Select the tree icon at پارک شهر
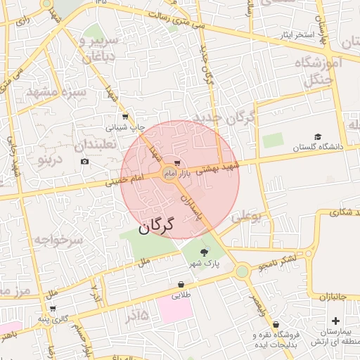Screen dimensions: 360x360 coord(204,252)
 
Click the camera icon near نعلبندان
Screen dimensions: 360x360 coord(85,162)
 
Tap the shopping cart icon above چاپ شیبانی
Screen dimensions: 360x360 coord(125,117)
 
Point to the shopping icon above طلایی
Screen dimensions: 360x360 coord(181,285)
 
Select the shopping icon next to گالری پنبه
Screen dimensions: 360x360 coord(53,308)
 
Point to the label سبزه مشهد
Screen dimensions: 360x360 coord(56,92)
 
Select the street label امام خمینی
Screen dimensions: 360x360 coord(124,180)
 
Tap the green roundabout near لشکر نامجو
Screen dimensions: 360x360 coord(243,271)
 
